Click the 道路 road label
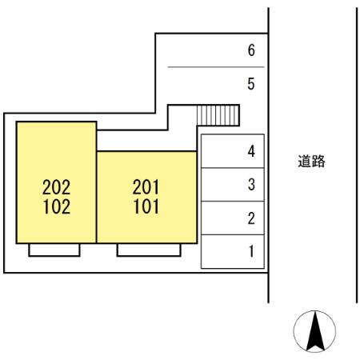tap(311, 161)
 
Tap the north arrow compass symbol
tap(314, 331)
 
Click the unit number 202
tap(56, 188)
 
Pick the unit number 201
tap(146, 188)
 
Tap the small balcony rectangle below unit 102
tap(54, 250)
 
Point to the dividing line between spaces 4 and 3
tap(232, 167)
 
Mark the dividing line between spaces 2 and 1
tap(232, 234)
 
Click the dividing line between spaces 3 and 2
tap(232, 201)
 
